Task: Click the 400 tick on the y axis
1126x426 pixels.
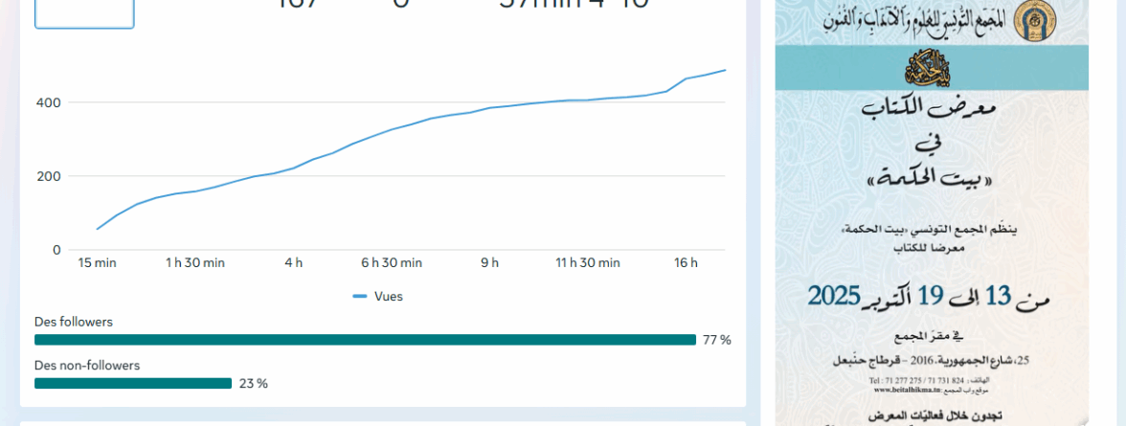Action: click(49, 102)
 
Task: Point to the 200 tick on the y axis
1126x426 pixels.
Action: click(49, 176)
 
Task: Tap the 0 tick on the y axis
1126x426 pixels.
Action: click(56, 250)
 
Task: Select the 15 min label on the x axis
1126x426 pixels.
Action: click(97, 263)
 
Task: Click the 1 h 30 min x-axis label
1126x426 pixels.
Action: click(195, 263)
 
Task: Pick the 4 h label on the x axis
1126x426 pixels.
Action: click(293, 263)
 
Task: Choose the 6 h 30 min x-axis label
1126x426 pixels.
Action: click(392, 263)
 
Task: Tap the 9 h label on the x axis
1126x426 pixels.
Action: click(489, 263)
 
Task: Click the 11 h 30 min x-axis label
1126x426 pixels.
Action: click(588, 263)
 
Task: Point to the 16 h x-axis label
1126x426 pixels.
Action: click(686, 263)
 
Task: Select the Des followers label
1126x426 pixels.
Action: click(74, 322)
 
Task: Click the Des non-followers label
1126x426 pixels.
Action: click(87, 365)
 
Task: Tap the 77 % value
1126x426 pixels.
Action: click(716, 340)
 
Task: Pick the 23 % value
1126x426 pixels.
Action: click(254, 383)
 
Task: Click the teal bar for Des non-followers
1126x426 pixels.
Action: click(133, 383)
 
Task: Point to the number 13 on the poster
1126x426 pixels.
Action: click(999, 297)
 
